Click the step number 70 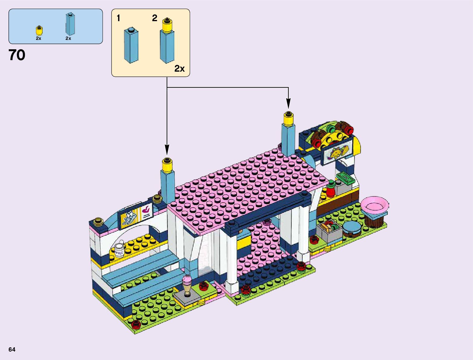coord(17,55)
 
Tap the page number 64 coord(12,349)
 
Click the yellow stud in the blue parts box coord(39,31)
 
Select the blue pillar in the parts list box coord(70,24)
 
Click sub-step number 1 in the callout coord(118,18)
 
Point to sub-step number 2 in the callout coord(154,18)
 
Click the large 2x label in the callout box coord(179,69)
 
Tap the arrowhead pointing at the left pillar coord(167,150)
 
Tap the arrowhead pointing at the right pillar coord(288,104)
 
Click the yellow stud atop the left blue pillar coord(167,164)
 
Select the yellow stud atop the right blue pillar coord(289,119)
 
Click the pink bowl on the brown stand coord(374,204)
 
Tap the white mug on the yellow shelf coord(120,249)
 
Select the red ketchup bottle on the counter coord(330,189)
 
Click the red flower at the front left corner coord(136,324)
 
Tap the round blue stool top coord(351,227)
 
